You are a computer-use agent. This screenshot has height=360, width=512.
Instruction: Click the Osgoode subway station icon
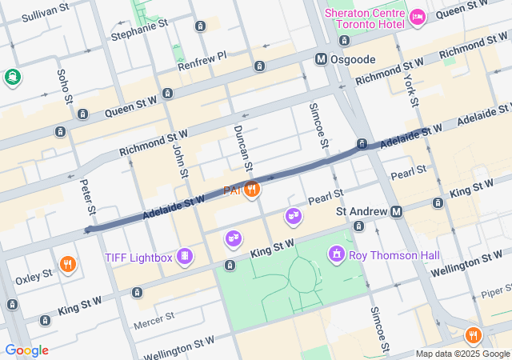point(321,59)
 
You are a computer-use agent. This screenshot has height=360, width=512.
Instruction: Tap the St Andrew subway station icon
point(397,211)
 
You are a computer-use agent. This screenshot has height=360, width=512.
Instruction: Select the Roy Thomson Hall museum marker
point(338,254)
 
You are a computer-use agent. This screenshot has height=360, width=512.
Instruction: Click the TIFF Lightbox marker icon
point(185,256)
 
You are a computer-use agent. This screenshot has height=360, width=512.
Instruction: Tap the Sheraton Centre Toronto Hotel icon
point(417,17)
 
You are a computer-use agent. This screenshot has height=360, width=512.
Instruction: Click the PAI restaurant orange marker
point(252,190)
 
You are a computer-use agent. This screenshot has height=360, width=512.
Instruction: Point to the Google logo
point(26,350)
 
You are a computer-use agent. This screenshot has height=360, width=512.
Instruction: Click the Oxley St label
point(33,274)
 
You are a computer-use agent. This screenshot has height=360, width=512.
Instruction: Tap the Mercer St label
point(154,318)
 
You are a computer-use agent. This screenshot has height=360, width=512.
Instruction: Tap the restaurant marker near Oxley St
point(67,264)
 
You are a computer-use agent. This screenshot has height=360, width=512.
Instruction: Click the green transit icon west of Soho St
point(12,78)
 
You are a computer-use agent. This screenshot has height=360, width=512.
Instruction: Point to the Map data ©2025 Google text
point(462,354)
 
